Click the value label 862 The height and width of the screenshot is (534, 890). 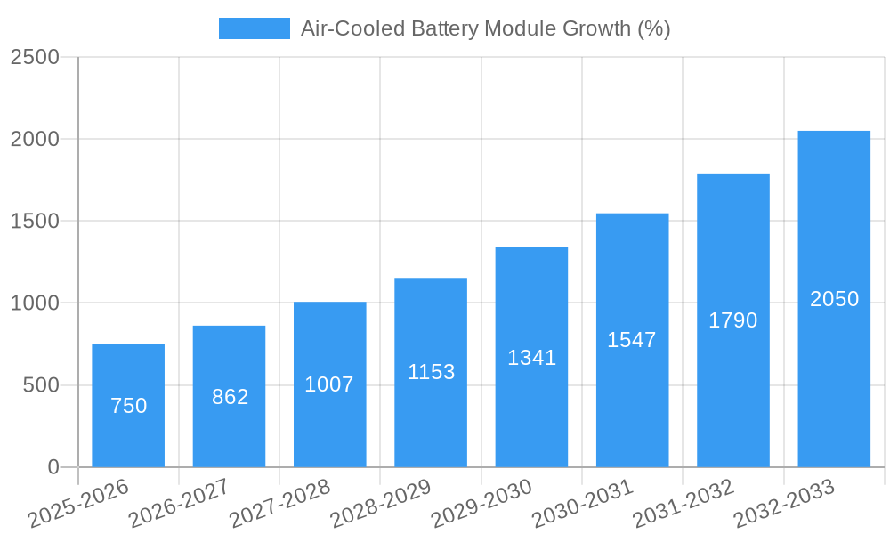pyautogui.click(x=230, y=397)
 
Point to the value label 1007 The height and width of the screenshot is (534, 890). pyautogui.click(x=329, y=384)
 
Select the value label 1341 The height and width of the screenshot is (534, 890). pyautogui.click(x=531, y=358)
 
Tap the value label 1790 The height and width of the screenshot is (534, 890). pyautogui.click(x=732, y=320)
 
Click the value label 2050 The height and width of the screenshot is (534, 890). pyautogui.click(x=834, y=299)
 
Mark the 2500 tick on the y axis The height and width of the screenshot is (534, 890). pyautogui.click(x=35, y=57)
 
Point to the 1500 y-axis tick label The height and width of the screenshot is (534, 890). pyautogui.click(x=35, y=222)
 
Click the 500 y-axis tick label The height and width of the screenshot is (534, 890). pyautogui.click(x=41, y=385)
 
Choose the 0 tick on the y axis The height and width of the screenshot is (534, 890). pyautogui.click(x=53, y=467)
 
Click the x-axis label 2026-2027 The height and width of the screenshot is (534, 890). pyautogui.click(x=179, y=504)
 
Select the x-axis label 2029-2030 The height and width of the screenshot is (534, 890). pyautogui.click(x=481, y=504)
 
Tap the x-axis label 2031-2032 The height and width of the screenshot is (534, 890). pyautogui.click(x=684, y=504)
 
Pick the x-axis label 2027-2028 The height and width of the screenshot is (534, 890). pyautogui.click(x=279, y=504)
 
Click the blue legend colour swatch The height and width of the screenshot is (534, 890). pyautogui.click(x=255, y=28)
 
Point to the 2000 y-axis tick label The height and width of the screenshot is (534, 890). pyautogui.click(x=35, y=140)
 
